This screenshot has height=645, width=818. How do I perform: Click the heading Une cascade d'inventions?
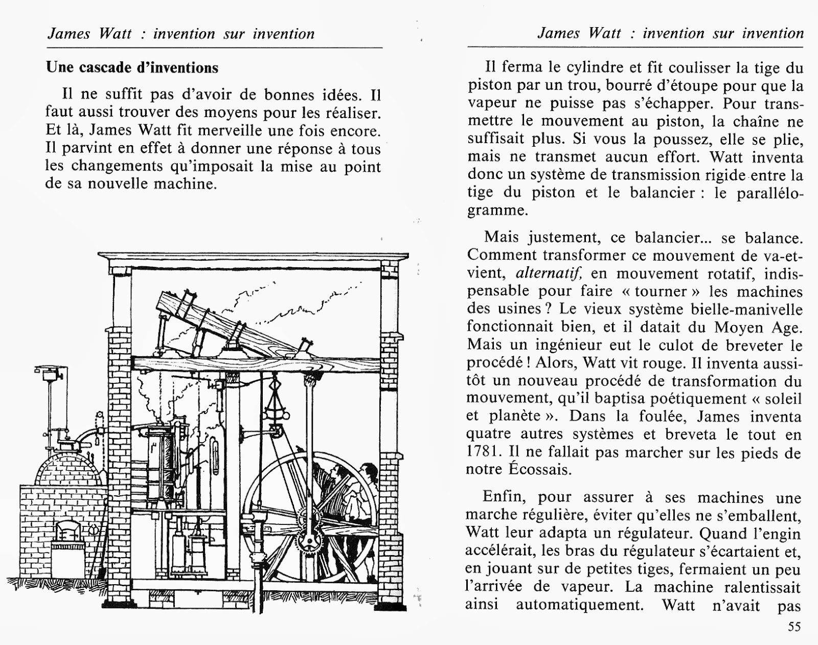[x=132, y=67]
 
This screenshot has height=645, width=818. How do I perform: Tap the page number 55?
[x=794, y=627]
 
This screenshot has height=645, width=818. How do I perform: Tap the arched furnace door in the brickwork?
[x=65, y=532]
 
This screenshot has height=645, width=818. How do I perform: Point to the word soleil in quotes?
[x=782, y=399]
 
